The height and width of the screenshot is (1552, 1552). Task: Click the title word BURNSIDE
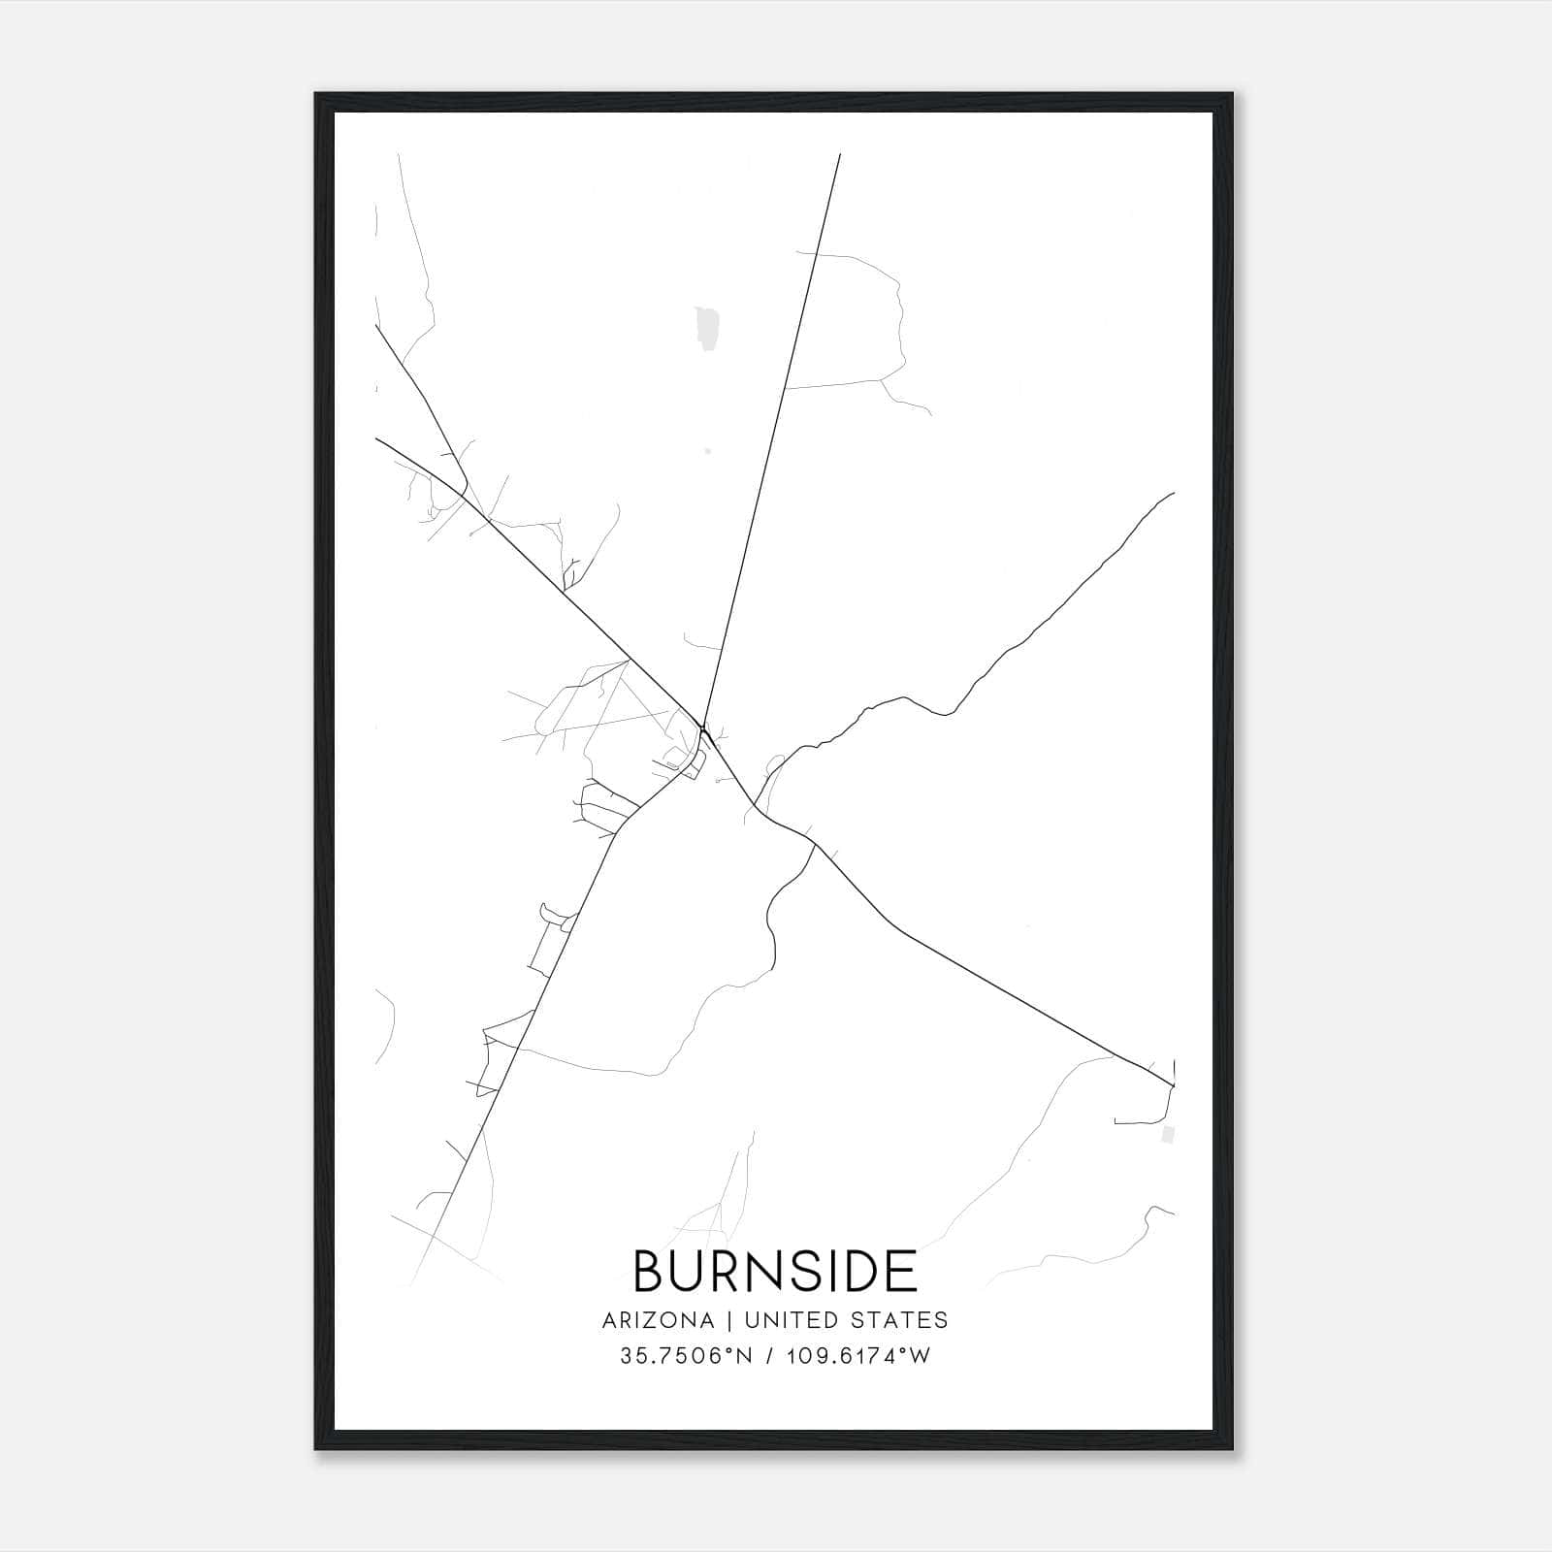(x=775, y=1271)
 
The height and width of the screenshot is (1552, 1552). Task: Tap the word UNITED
(x=780, y=1320)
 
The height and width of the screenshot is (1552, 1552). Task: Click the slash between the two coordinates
(x=769, y=1356)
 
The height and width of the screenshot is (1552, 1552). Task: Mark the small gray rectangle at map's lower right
(x=1168, y=1133)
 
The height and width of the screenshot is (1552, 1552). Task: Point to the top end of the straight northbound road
(x=839, y=154)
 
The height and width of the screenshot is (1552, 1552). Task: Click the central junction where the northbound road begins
(x=702, y=726)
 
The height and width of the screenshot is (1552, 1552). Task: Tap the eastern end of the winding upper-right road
(x=1174, y=493)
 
